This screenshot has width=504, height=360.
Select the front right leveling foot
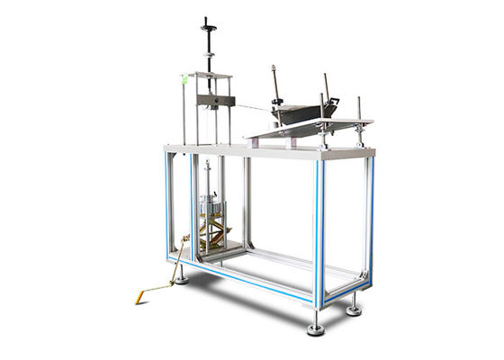(316, 328)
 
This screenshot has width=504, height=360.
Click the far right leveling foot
(354, 309)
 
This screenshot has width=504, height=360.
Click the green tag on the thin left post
(184, 79)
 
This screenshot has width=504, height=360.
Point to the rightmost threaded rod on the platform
(360, 117)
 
